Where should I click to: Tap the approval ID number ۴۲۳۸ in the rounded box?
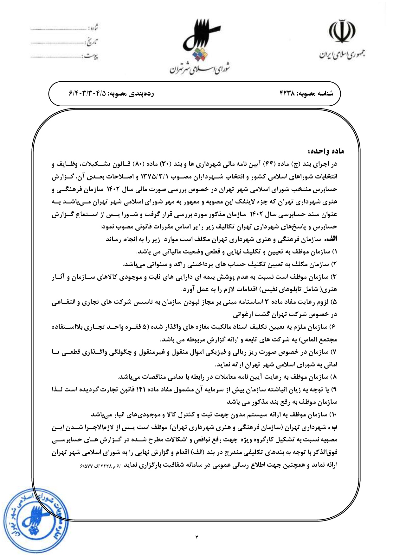coord(287,94)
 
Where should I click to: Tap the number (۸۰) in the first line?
coord(140,164)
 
